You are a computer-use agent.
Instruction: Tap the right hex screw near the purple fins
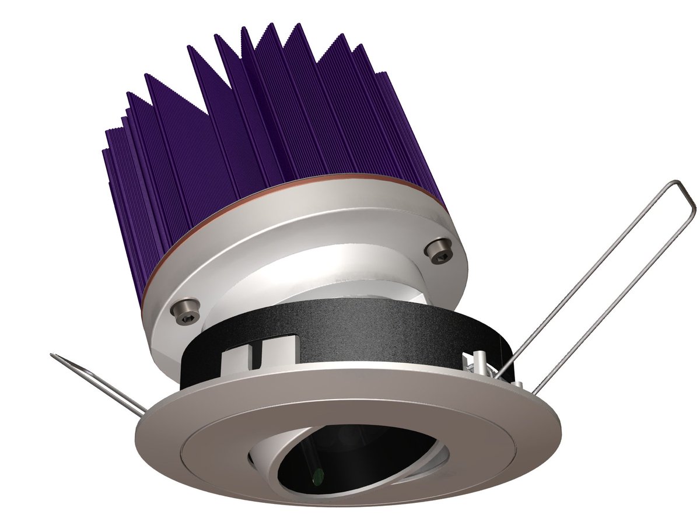438,249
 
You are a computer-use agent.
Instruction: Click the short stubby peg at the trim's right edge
518,386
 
